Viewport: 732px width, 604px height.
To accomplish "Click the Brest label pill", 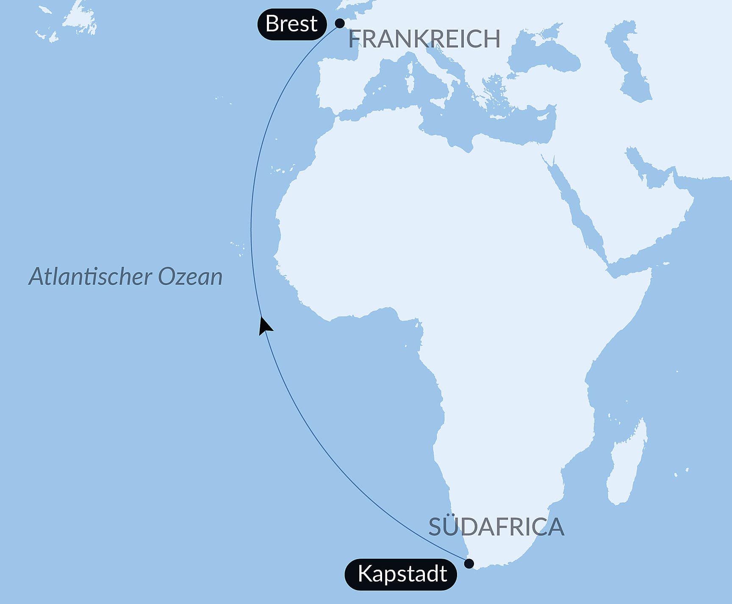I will pos(292,24).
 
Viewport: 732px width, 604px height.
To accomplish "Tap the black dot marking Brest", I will pos(340,23).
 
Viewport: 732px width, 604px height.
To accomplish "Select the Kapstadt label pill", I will pos(401,574).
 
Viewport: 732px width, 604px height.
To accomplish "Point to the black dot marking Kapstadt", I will pos(469,563).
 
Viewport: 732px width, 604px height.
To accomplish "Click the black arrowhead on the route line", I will pos(264,326).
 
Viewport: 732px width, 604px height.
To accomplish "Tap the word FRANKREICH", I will pos(424,39).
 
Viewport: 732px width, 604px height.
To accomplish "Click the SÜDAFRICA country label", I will pos(496,527).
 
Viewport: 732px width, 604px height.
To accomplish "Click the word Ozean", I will pos(190,276).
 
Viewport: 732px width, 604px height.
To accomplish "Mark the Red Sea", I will pos(576,208).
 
